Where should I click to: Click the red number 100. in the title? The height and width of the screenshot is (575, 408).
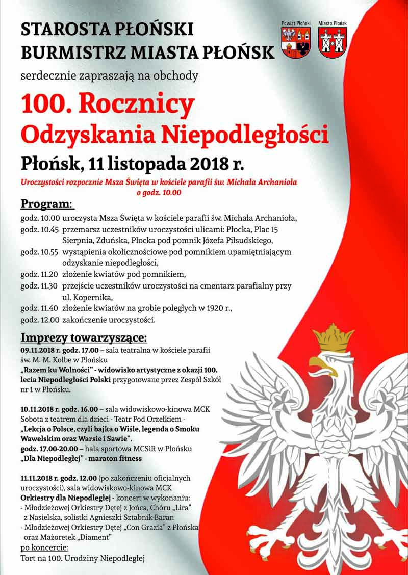[x=45, y=104]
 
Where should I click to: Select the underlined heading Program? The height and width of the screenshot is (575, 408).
[x=46, y=204]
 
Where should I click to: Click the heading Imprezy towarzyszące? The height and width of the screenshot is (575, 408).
[x=84, y=337]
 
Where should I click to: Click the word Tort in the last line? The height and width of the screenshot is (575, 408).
[x=29, y=559]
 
